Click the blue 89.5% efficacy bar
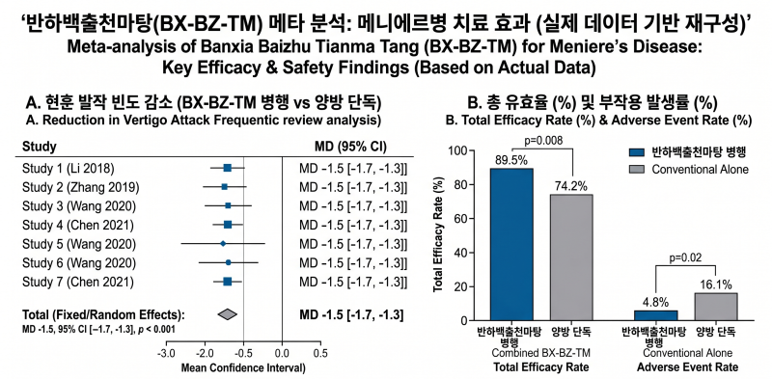tap(512, 244)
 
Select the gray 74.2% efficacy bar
tap(571, 257)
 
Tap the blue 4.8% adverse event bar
tap(656, 315)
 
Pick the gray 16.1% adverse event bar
tap(715, 307)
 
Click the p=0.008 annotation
tap(542, 140)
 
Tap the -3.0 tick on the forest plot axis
tap(166, 353)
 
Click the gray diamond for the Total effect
tap(227, 314)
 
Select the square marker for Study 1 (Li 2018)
tap(227, 169)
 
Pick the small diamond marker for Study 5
tap(223, 244)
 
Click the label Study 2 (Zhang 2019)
tap(81, 187)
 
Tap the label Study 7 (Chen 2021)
tap(78, 282)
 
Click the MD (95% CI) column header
tap(350, 147)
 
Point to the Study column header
tap(39, 147)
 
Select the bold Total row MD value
tap(351, 315)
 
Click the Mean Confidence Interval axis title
tap(243, 367)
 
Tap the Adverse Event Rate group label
tap(687, 367)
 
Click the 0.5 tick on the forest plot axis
tap(320, 353)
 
